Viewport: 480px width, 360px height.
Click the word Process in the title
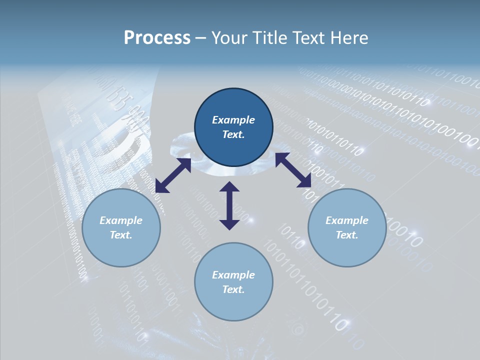pos(157,37)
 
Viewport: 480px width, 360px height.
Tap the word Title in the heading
pos(268,37)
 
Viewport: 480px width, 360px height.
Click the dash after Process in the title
pos(200,38)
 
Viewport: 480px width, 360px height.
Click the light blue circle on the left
pos(121,227)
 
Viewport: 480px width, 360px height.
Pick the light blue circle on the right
pos(347,227)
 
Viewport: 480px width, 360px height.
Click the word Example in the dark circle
pos(233,120)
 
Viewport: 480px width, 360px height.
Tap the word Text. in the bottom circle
pos(233,289)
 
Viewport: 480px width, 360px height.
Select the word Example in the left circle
pos(121,220)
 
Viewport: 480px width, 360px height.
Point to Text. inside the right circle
pos(347,235)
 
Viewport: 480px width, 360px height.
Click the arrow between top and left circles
pos(173,175)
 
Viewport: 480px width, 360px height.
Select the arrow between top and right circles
pos(293,170)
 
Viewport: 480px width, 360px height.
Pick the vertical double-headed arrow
pos(229,205)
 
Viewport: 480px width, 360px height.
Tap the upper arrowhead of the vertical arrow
pos(229,186)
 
